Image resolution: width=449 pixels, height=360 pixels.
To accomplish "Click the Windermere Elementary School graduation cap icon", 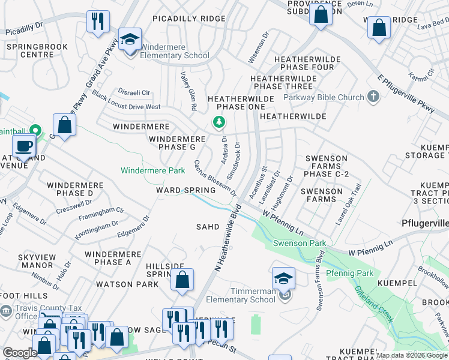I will coord(130,40).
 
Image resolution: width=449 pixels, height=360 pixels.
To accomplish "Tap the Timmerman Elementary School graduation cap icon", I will coord(283,278).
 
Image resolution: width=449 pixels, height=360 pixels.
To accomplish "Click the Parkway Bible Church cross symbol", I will coord(373,97).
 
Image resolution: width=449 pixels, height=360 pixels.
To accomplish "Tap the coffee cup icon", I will coord(23,146).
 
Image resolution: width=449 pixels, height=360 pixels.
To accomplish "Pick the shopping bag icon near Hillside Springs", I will coord(182,280).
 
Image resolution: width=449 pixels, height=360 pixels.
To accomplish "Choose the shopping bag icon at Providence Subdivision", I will coord(321,14).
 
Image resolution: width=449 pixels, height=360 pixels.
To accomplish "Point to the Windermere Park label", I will coord(152,170).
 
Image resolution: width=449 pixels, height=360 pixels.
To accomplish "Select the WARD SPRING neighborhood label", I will coord(185,190).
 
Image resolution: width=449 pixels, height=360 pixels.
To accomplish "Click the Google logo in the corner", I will coord(20,353).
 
